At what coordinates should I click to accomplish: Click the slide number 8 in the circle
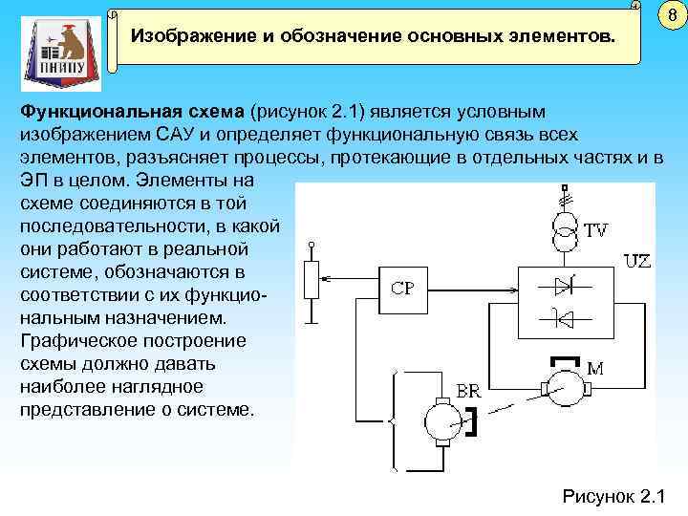click(x=671, y=15)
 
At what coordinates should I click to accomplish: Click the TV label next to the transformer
click(x=596, y=230)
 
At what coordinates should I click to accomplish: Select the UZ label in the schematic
click(x=636, y=260)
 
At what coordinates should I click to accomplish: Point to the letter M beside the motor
click(x=595, y=367)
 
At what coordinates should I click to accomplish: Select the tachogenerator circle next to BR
click(x=442, y=420)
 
